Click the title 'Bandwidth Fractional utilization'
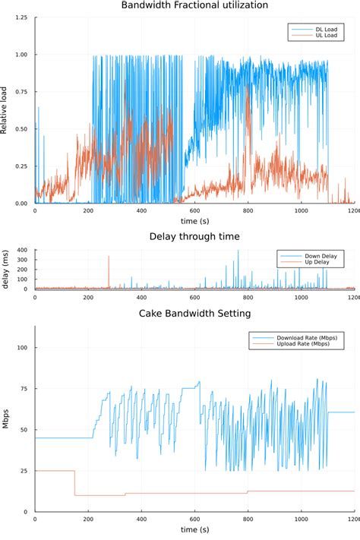click(194, 5)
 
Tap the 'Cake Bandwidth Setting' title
click(194, 313)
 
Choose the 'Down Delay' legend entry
click(322, 257)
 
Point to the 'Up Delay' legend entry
click(320, 264)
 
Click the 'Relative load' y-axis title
click(6, 111)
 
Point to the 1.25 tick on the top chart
click(23, 17)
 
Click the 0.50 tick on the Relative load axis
click(23, 129)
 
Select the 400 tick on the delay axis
click(23, 250)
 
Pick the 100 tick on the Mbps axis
click(23, 348)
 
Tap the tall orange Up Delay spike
click(109, 262)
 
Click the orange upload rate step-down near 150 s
click(74, 483)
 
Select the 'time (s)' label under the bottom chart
click(194, 529)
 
